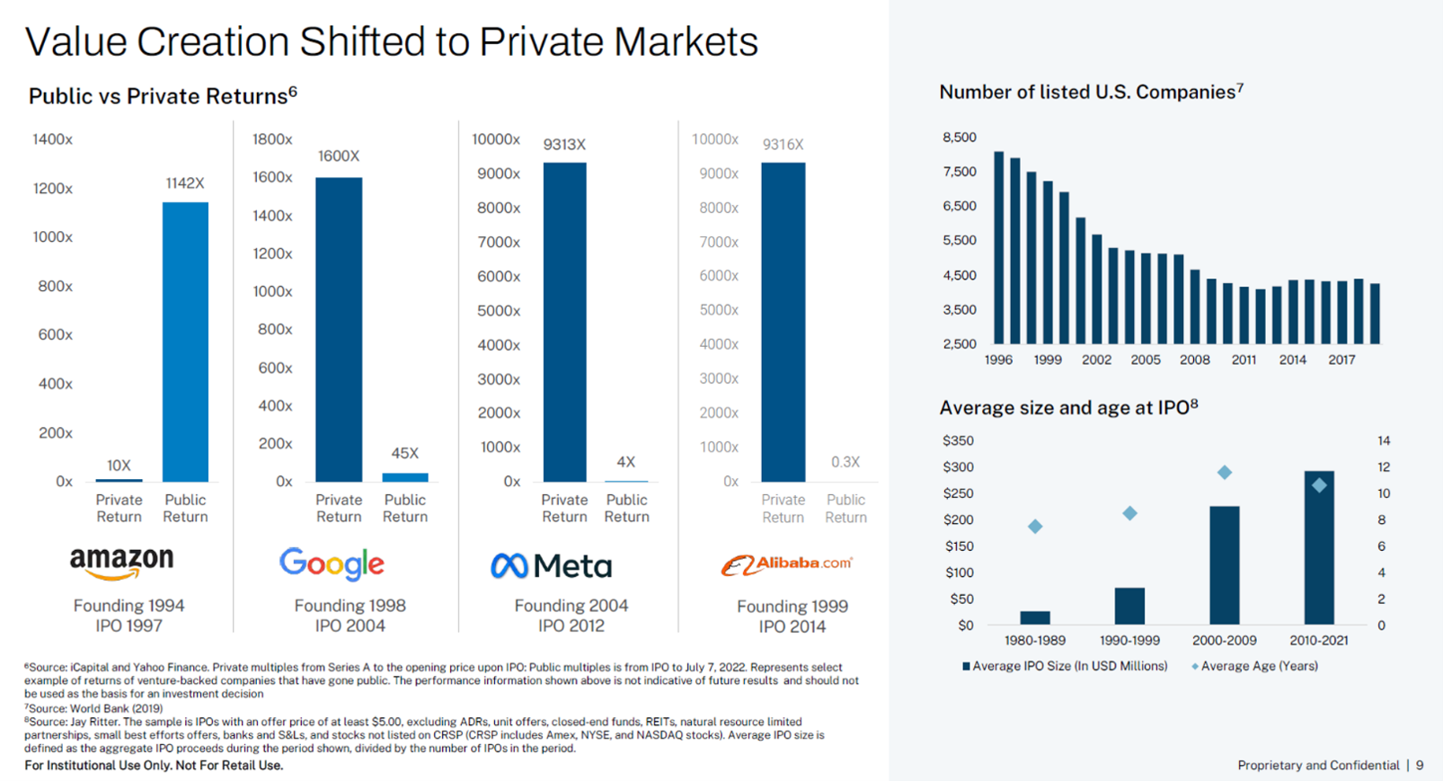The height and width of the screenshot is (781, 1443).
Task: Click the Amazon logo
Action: [x=122, y=563]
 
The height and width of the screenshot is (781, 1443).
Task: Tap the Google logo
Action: [x=332, y=564]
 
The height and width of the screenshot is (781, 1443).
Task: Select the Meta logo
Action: [x=551, y=566]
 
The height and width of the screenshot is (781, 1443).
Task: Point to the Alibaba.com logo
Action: [x=786, y=565]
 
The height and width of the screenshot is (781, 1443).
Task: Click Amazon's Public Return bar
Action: [x=185, y=342]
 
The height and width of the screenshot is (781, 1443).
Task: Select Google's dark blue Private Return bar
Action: [x=339, y=329]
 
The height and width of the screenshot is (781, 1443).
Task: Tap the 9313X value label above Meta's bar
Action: [x=564, y=145]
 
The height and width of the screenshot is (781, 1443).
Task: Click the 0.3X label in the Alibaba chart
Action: [x=845, y=462]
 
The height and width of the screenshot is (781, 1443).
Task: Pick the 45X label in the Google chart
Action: [x=405, y=453]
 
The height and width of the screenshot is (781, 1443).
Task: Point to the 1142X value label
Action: [x=185, y=183]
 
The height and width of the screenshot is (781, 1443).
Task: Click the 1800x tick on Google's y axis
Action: [x=272, y=139]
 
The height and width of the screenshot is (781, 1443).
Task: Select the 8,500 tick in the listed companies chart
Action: [x=960, y=138]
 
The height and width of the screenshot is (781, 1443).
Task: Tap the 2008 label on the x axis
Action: [x=1194, y=359]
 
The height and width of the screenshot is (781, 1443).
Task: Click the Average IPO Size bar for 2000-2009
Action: [x=1225, y=565]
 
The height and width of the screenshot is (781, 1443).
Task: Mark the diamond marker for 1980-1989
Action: [x=1035, y=527]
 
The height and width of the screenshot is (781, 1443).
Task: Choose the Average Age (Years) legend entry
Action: [x=1255, y=666]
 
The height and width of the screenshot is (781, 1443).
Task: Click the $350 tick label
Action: [x=958, y=440]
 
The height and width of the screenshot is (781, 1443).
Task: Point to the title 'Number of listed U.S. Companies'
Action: [x=1087, y=93]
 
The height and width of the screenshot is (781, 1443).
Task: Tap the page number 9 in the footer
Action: [x=1420, y=765]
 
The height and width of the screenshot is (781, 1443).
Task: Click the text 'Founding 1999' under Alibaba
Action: [x=792, y=607]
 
